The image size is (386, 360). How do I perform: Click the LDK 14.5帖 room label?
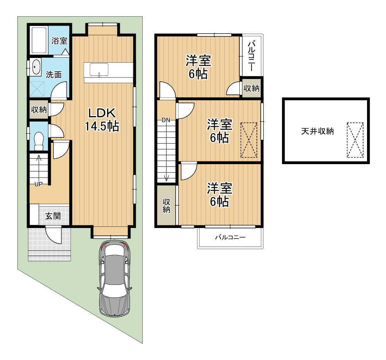[102, 120]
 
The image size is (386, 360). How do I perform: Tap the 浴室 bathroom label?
[59, 41]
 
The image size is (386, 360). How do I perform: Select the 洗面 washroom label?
[54, 74]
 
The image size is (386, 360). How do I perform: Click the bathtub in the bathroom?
[39, 40]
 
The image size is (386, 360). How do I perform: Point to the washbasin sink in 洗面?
[36, 67]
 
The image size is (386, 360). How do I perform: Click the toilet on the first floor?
[39, 141]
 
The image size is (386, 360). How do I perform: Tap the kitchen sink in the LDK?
[99, 70]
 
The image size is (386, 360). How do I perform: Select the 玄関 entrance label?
[53, 216]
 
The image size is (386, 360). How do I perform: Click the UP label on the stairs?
[38, 184]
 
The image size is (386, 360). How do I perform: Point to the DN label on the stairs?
[166, 120]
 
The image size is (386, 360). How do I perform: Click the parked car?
[115, 278]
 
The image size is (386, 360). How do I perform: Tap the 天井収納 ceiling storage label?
[318, 131]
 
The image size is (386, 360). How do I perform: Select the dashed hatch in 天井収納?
[355, 140]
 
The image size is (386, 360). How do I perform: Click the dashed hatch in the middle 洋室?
[249, 140]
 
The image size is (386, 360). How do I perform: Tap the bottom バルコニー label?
[231, 237]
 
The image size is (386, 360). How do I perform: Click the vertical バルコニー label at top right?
[251, 56]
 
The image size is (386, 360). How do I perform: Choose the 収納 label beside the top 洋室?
[251, 88]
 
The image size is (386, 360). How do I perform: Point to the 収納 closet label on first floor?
[39, 110]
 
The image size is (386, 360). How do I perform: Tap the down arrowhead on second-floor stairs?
[166, 178]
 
